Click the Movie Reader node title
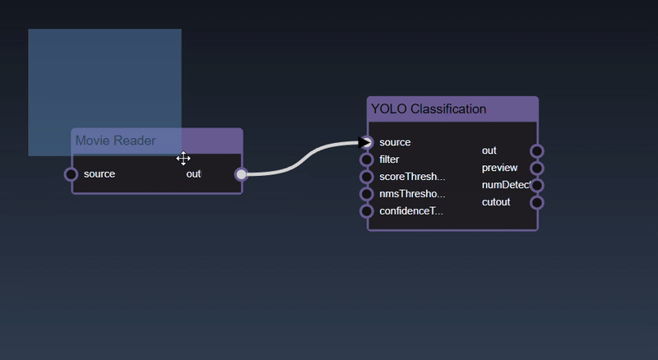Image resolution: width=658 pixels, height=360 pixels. pos(116,141)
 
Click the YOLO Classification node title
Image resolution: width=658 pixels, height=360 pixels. pos(429,108)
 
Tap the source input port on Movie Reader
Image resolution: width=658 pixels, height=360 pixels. pos(72,174)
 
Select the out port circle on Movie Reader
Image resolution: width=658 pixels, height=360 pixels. pos(241,174)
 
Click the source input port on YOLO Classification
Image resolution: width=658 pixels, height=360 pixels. pos(367,142)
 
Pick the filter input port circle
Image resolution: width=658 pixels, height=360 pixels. pos(367,159)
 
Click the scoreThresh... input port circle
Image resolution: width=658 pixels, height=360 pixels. pos(367,177)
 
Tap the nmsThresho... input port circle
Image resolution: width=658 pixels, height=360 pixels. pos(367,194)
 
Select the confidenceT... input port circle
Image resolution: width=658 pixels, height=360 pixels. pos(367,211)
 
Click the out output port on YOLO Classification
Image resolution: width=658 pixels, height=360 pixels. pos(537,151)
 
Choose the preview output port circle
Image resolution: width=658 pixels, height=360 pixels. pos(537,168)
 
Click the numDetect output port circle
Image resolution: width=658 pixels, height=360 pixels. pos(537,186)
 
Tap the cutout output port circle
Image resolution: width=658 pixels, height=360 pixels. pos(537,203)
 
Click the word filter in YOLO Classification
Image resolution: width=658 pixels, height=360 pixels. pos(389,159)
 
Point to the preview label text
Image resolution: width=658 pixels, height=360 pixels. pos(499,168)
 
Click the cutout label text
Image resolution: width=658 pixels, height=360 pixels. pos(496,202)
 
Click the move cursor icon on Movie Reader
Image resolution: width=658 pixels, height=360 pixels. pos(183,159)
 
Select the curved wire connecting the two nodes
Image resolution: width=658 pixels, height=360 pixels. pos(304,159)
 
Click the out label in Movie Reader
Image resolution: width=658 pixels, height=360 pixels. pos(193,174)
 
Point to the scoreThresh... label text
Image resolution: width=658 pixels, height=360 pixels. pos(412,177)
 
